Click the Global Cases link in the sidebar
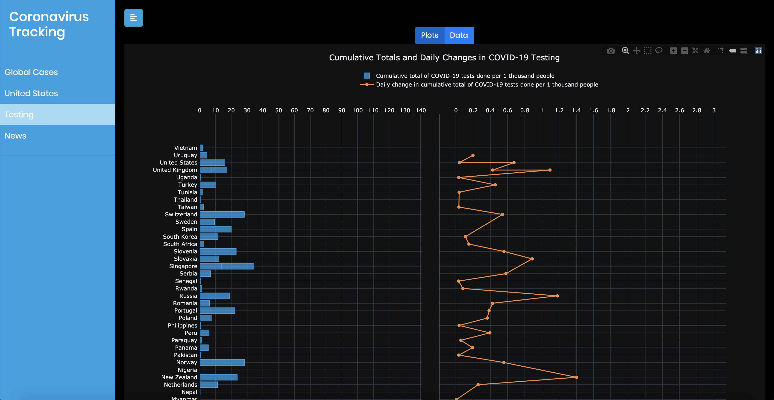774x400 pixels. coord(31,72)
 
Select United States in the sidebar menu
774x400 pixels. coord(31,93)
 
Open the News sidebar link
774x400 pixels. coord(15,136)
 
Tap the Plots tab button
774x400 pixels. coord(429,35)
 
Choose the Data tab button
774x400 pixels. coord(458,35)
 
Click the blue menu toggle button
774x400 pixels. coord(133,18)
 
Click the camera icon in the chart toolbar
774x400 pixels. coord(610,51)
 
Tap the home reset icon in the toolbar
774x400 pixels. coord(707,51)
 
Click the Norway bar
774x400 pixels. coord(222,362)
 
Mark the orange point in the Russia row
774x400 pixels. coord(557,296)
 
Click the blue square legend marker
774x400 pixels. coord(366,76)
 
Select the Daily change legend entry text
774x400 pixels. coord(487,85)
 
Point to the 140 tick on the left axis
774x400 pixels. coord(420,110)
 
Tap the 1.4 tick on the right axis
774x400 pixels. coord(576,110)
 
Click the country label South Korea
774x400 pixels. coord(180,237)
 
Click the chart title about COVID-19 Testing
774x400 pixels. coord(444,58)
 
